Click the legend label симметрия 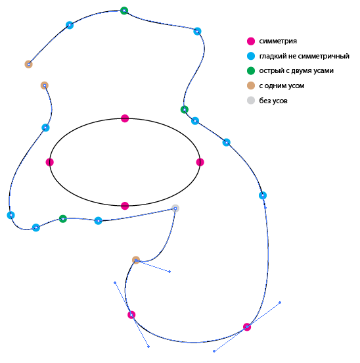tap(278, 41)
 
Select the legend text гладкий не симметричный tap(304, 56)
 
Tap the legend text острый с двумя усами tap(296, 70)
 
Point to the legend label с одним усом tap(282, 85)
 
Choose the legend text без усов tap(273, 101)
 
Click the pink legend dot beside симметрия tap(251, 41)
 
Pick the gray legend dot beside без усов tap(251, 101)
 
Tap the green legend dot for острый tap(251, 70)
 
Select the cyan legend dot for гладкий tap(251, 56)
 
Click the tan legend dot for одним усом tap(251, 85)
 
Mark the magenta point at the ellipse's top tap(125, 118)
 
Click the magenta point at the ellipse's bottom tap(125, 206)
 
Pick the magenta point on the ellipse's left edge tap(50, 162)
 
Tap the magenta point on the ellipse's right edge tap(200, 162)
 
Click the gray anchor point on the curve tap(175, 208)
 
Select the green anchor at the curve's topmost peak tap(124, 11)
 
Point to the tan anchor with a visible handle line tap(136, 260)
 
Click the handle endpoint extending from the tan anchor tap(169, 272)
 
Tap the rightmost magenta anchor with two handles tap(247, 327)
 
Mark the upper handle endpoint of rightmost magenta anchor tap(280, 302)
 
